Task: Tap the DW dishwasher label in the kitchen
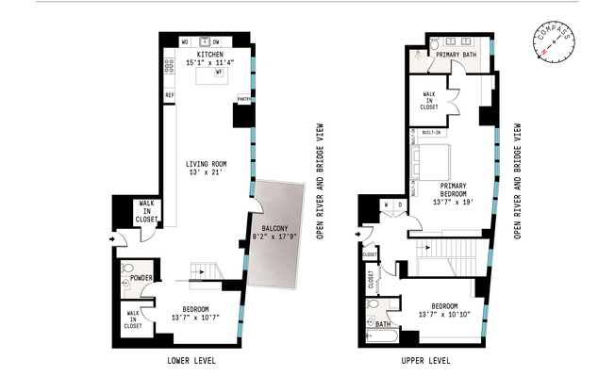[216, 41]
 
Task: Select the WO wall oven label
[185, 41]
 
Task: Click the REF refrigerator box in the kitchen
[170, 95]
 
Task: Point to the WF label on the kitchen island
[218, 72]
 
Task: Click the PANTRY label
[243, 98]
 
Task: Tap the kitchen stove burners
[170, 66]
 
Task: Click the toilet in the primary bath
[430, 44]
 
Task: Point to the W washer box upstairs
[386, 205]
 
